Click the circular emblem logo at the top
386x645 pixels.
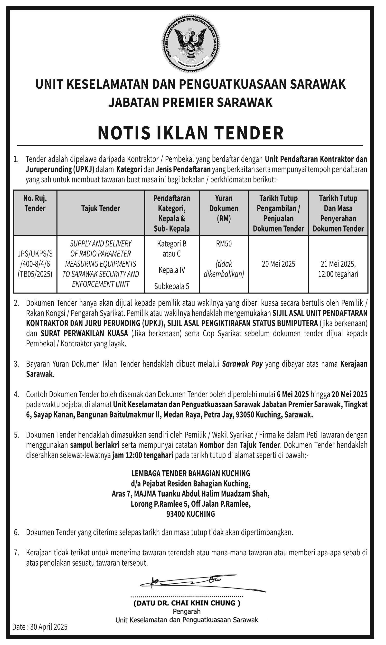(x=191, y=43)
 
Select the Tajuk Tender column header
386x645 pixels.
(x=100, y=208)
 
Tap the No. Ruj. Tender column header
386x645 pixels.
(x=35, y=203)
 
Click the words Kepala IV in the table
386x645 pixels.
(x=172, y=270)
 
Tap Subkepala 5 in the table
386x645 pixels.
(x=172, y=286)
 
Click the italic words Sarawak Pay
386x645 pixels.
(x=242, y=364)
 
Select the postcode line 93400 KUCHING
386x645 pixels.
(x=191, y=514)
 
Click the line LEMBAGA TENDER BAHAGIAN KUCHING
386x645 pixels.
(x=191, y=473)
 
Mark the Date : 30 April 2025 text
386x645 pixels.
(x=40, y=627)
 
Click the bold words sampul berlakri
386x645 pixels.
(x=95, y=445)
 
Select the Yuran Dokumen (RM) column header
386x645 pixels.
(x=224, y=208)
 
